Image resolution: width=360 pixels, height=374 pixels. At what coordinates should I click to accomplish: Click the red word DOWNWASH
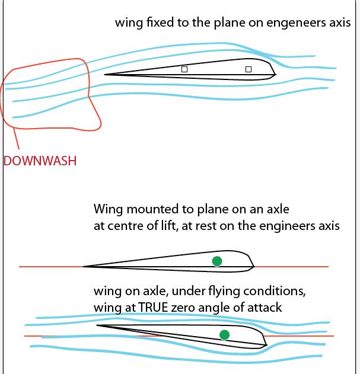40,160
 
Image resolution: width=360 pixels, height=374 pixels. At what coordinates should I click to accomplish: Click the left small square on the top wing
184,69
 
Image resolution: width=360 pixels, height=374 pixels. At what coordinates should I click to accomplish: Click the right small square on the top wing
249,69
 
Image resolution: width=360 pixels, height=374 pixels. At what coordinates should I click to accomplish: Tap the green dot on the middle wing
217,261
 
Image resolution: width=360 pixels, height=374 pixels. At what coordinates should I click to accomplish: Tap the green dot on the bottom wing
224,335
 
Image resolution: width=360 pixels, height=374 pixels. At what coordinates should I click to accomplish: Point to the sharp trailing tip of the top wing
106,74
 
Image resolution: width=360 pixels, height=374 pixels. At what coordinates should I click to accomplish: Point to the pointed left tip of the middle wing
84,266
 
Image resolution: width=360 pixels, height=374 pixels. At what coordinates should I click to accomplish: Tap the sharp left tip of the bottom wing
97,325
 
